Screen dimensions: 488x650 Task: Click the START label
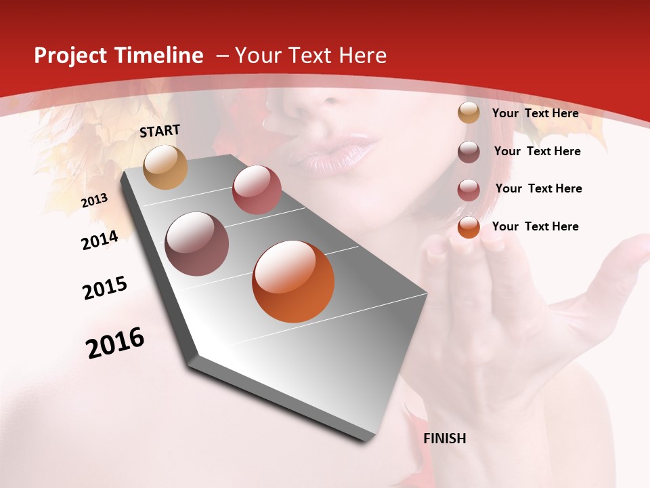[160, 131]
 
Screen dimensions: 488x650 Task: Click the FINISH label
[445, 439]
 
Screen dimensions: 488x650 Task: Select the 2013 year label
[94, 201]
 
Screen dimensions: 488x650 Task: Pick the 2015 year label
[105, 288]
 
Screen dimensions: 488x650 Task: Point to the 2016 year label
[115, 342]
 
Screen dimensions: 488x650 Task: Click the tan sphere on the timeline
[166, 167]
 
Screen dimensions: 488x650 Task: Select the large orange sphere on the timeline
[293, 281]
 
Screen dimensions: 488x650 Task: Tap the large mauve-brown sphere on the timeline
[196, 244]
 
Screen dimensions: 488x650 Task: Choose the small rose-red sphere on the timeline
[257, 190]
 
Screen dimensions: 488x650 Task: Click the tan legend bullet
[469, 113]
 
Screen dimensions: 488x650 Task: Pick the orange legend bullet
[469, 226]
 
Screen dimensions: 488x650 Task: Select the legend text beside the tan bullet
[536, 113]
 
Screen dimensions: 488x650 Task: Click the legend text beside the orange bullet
[536, 226]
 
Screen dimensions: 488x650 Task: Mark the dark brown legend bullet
[469, 152]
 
